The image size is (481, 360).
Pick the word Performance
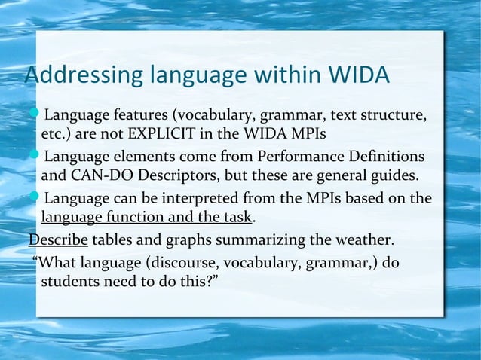tap(297, 157)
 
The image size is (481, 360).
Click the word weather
tap(364, 241)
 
